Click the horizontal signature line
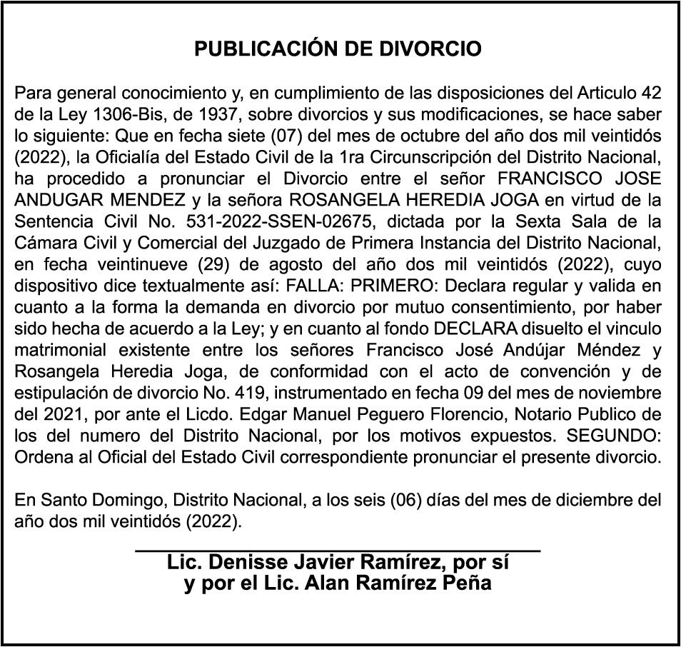pyautogui.click(x=338, y=551)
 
